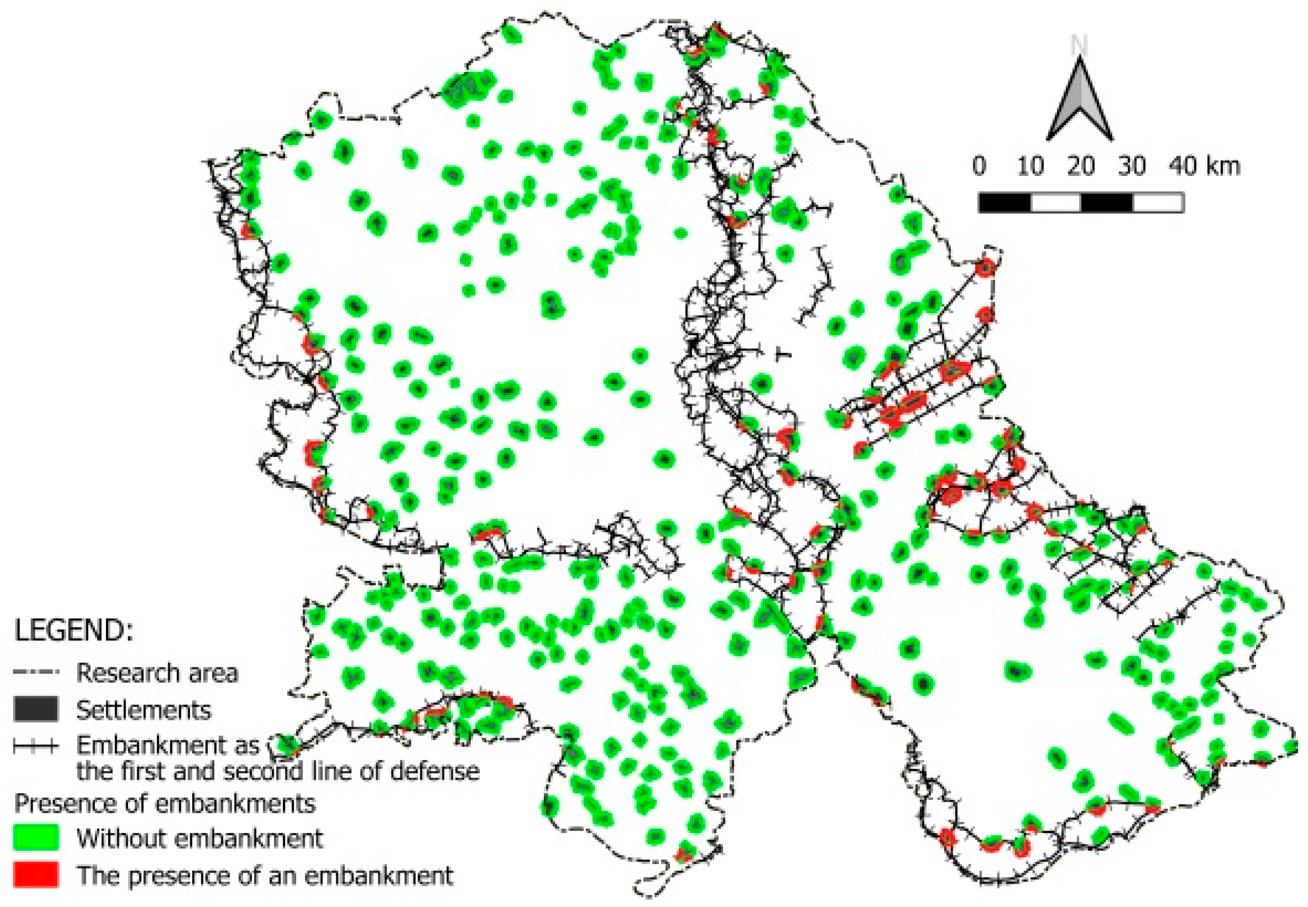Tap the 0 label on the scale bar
979,166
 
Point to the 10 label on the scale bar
1030,166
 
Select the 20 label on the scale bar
1080,166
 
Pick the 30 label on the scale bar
1131,166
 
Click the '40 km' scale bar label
1204,166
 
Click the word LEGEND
74,630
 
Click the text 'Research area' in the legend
157,673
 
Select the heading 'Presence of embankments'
165,803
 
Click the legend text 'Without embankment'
200,838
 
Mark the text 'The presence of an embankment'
265,876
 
